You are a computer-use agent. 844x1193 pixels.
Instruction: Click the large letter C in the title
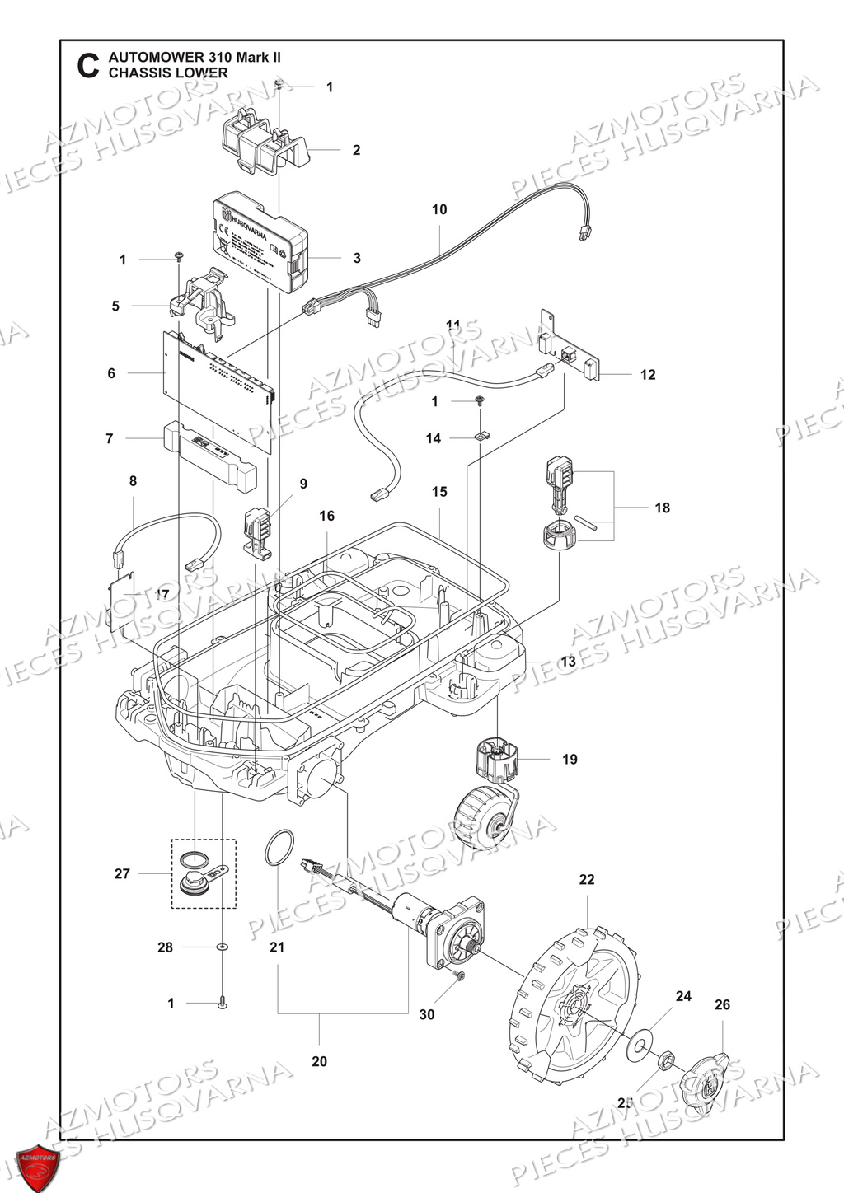87,66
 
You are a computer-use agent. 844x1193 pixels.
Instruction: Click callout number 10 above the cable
439,209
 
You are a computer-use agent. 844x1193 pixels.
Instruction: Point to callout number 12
648,375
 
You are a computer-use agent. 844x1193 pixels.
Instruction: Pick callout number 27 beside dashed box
122,873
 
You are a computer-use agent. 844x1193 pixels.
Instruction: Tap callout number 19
570,759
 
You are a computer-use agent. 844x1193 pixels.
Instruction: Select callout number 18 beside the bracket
662,508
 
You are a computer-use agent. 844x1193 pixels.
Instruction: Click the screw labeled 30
460,976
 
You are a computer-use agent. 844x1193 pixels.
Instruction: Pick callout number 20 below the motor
319,1061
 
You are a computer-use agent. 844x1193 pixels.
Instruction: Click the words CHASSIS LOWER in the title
168,73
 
